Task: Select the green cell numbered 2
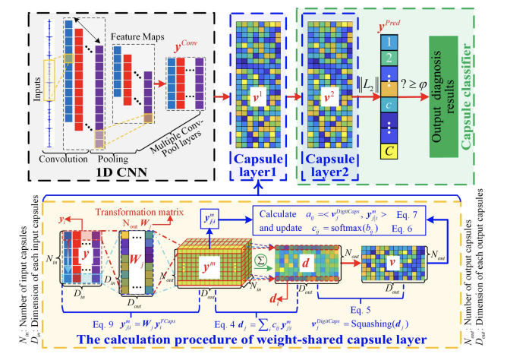[389, 58]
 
